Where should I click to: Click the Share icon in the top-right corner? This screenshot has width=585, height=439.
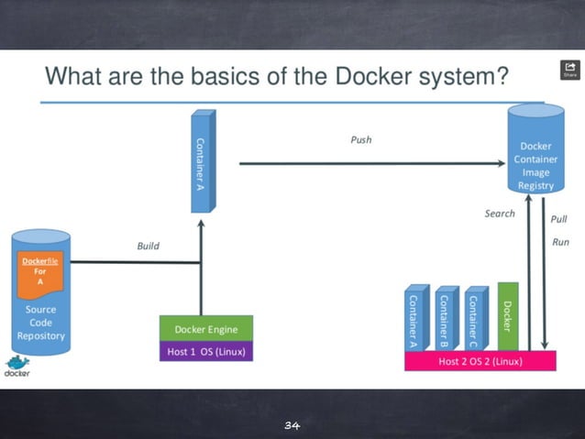pyautogui.click(x=568, y=70)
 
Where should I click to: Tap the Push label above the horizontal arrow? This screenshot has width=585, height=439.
pyautogui.click(x=361, y=140)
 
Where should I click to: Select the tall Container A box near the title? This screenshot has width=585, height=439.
pyautogui.click(x=202, y=161)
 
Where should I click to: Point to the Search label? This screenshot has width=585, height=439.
pyautogui.click(x=500, y=214)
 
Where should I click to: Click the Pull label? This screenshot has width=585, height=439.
pyautogui.click(x=558, y=220)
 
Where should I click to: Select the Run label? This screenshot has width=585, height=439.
pyautogui.click(x=559, y=242)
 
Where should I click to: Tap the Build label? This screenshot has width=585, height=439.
pyautogui.click(x=149, y=246)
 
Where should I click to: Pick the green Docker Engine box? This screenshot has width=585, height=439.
pyautogui.click(x=205, y=329)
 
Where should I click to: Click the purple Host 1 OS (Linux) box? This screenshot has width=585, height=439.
pyautogui.click(x=205, y=351)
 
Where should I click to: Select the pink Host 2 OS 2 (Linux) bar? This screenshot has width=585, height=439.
pyautogui.click(x=480, y=361)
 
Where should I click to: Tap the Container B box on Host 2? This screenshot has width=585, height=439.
pyautogui.click(x=445, y=320)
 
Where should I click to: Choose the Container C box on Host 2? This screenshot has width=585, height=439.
pyautogui.click(x=474, y=320)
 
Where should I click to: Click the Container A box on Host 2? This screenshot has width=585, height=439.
pyautogui.click(x=414, y=320)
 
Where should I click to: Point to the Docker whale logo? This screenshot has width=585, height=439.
pyautogui.click(x=17, y=365)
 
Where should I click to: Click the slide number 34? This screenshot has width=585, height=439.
pyautogui.click(x=292, y=425)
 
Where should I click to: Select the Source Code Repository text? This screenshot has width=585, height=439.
pyautogui.click(x=40, y=323)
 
